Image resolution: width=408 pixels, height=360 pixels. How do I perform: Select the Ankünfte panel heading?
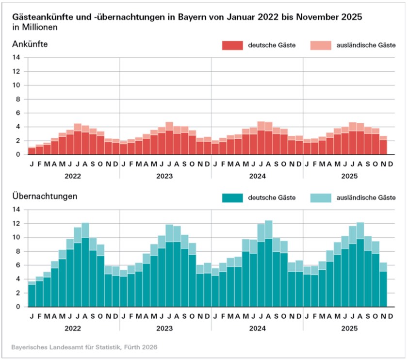click(x=30, y=45)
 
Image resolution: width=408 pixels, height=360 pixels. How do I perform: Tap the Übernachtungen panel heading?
click(x=45, y=197)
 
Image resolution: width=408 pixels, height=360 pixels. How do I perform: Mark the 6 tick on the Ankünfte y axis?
click(x=18, y=113)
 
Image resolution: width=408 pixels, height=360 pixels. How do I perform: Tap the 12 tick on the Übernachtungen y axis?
click(x=16, y=224)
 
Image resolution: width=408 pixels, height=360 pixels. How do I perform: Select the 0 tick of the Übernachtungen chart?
click(x=18, y=307)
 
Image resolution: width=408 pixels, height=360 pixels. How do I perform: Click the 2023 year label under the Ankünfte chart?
click(x=165, y=176)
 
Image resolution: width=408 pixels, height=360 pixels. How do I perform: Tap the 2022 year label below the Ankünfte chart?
click(x=74, y=176)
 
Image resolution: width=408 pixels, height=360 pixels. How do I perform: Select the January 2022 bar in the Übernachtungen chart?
click(x=32, y=295)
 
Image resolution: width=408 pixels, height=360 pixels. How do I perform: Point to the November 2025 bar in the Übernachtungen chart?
click(x=383, y=286)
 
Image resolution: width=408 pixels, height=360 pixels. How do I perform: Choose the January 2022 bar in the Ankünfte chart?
click(x=32, y=151)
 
